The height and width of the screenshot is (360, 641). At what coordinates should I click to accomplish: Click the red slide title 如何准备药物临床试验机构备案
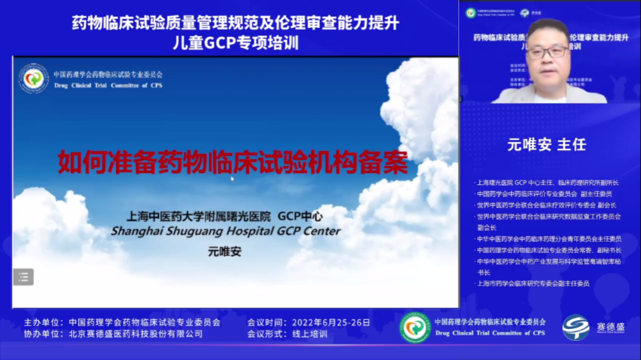233,162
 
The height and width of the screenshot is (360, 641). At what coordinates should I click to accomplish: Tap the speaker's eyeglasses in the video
547,52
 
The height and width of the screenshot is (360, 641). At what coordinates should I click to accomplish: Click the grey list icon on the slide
24,276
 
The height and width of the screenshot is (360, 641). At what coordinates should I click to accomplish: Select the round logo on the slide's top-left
33,78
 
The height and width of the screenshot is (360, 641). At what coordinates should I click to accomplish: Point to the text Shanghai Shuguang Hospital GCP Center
226,231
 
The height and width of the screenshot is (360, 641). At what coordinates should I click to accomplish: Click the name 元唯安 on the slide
225,251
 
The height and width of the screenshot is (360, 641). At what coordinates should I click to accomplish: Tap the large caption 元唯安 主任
547,145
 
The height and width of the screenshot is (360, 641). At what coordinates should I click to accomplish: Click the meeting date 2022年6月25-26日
331,323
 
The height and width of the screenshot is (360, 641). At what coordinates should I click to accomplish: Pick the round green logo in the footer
415,327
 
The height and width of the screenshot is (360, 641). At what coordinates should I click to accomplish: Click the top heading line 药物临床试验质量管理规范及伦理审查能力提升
235,24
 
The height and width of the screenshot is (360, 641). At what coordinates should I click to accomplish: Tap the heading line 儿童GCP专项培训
235,43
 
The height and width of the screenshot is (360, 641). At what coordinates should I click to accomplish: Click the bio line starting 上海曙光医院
547,183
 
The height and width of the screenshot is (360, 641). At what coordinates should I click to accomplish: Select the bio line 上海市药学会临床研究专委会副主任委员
533,283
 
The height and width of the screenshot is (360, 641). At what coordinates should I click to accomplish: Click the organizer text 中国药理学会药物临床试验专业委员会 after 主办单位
144,323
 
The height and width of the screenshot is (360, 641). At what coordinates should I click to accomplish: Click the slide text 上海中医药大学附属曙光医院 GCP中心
225,215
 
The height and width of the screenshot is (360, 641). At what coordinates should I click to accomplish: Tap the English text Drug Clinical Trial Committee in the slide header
107,85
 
